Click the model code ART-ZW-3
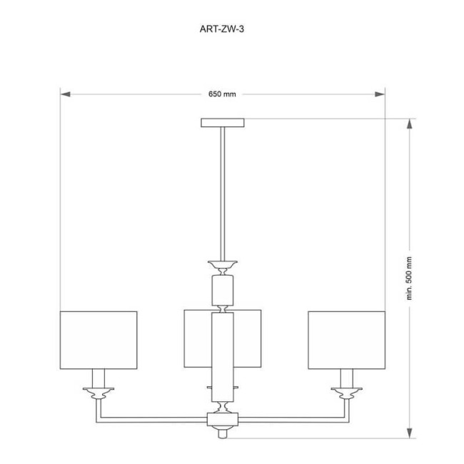tap(223, 29)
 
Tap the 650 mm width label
tap(223, 94)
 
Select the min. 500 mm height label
tap(410, 278)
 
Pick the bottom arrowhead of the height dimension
tap(410, 433)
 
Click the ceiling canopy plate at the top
tap(223, 123)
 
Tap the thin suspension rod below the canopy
tap(223, 193)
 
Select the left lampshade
tap(98, 340)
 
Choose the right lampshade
tap(346, 340)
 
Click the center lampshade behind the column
tap(198, 339)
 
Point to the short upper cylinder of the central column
tap(223, 290)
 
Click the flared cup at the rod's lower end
tap(223, 263)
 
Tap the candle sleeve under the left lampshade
tap(98, 378)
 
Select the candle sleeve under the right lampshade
tap(346, 378)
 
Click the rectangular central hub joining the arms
tap(223, 420)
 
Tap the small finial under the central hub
tap(223, 433)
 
